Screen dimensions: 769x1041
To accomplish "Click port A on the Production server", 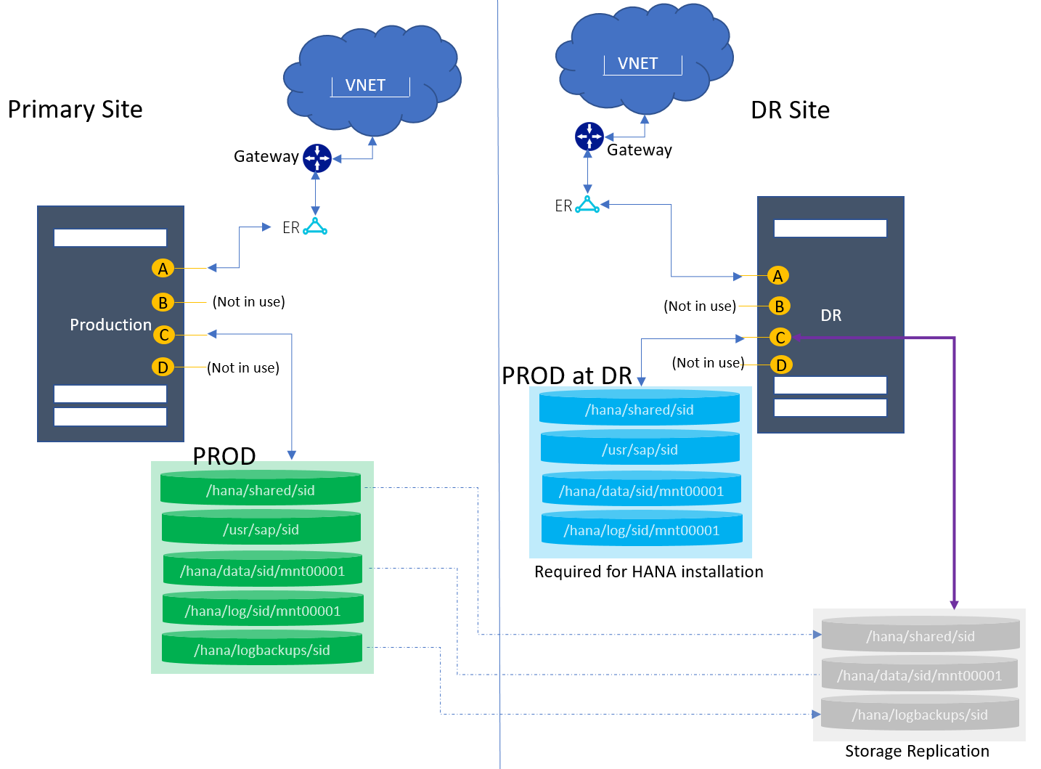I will [x=163, y=269].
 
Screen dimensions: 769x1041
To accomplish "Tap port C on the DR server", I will [x=780, y=338].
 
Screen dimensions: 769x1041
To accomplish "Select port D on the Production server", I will [x=163, y=367].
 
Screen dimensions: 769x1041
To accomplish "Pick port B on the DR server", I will [x=780, y=306].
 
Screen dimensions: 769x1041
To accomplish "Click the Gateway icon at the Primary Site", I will [x=317, y=158].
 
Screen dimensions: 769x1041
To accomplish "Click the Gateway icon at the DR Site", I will [x=589, y=137].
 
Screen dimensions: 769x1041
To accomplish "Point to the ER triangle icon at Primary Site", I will [x=315, y=227].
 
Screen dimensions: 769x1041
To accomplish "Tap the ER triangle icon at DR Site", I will [x=587, y=206].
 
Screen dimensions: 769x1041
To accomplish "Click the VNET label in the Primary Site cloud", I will [x=365, y=86].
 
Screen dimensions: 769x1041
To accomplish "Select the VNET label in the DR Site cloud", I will [x=637, y=64].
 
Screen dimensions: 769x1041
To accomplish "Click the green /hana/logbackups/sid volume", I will [x=261, y=649].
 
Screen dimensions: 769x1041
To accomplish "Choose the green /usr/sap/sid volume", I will [x=261, y=529].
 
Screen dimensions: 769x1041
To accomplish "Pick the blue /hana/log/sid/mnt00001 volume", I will [x=642, y=529].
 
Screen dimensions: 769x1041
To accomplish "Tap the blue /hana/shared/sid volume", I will [x=640, y=409].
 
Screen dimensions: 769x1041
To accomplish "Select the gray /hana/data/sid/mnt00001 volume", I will [x=919, y=675].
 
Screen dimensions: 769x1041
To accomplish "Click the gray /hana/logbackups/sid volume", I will [x=920, y=714].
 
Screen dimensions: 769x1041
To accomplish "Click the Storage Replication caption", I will [x=917, y=751].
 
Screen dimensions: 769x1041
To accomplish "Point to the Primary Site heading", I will [x=75, y=110].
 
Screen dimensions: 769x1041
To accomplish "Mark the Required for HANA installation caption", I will [x=649, y=571].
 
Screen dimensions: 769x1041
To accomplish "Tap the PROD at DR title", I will [x=567, y=375].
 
